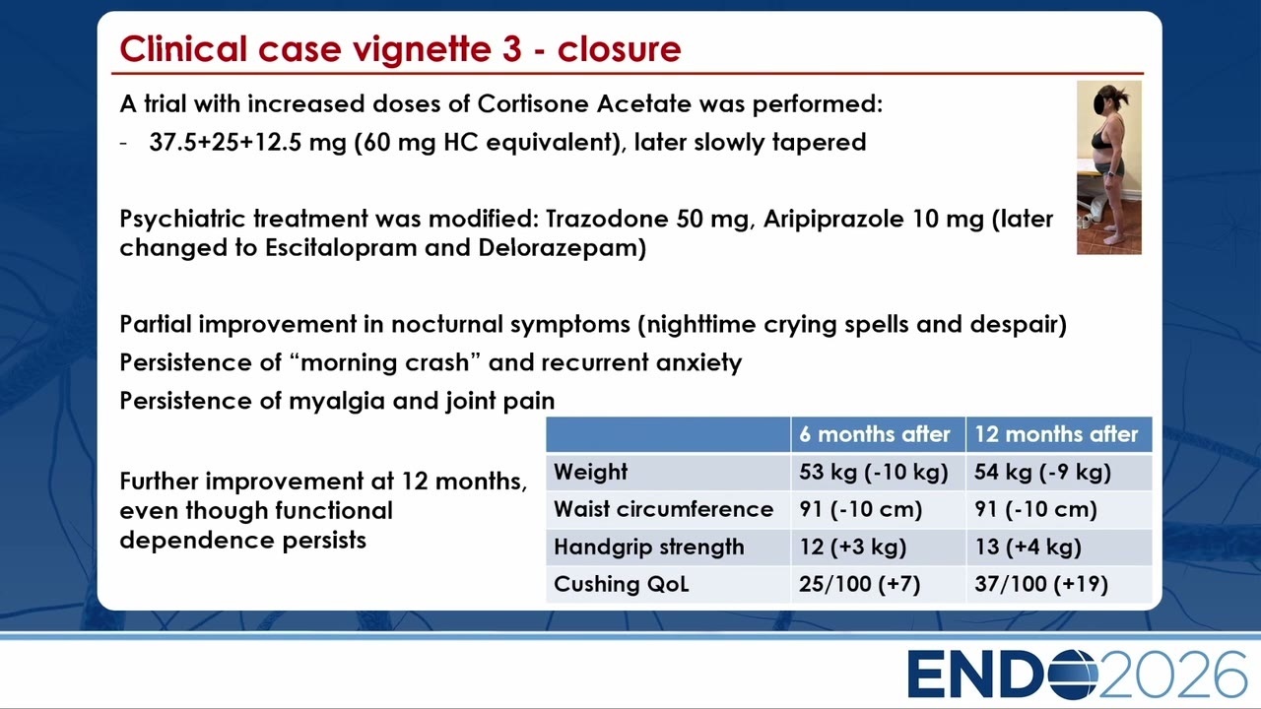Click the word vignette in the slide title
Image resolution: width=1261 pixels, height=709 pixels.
(423, 49)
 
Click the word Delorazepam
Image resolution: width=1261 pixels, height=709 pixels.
(562, 248)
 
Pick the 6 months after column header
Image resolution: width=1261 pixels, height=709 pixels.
(874, 434)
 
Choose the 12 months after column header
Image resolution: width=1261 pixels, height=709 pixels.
(1056, 434)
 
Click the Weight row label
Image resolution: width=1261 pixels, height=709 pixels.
(590, 472)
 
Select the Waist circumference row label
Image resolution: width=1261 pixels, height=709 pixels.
(663, 509)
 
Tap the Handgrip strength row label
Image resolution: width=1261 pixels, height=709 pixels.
(648, 547)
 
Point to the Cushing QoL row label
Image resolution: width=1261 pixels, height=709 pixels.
(621, 584)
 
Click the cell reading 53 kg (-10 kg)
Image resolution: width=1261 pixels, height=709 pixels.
(874, 472)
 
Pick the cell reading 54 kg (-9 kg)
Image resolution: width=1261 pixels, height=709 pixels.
(1042, 472)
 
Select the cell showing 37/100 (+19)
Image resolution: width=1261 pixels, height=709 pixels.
(1041, 584)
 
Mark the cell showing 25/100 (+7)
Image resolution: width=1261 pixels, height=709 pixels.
(860, 584)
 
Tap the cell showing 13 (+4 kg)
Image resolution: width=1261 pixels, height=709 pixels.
(1028, 547)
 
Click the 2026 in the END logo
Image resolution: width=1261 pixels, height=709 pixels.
(1172, 675)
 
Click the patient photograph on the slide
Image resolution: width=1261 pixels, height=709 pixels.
(1109, 167)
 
